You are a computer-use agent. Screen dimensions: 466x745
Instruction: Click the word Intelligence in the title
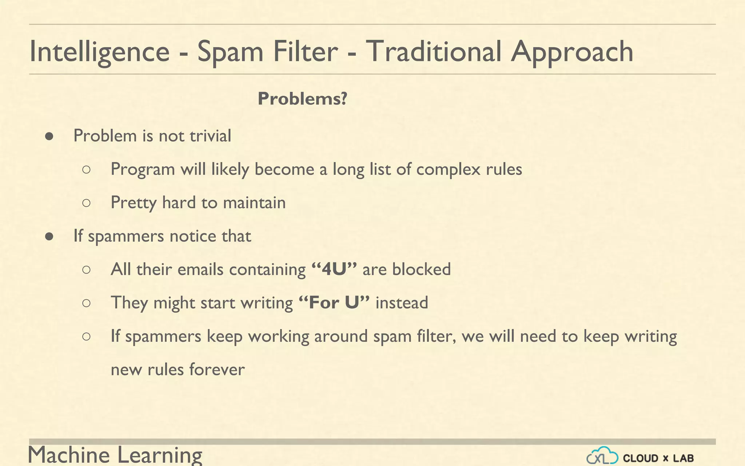[99, 52]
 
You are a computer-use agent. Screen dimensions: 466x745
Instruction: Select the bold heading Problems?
[302, 99]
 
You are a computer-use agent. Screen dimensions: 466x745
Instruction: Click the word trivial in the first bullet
[210, 136]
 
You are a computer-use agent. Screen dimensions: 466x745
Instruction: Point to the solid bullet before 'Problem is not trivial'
[49, 137]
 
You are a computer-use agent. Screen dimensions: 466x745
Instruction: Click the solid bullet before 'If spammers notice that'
[49, 237]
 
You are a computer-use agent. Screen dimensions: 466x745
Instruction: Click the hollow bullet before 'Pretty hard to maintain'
[86, 203]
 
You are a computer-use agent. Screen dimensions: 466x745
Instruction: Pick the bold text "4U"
[334, 269]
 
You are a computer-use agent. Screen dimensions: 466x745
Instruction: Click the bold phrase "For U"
[334, 303]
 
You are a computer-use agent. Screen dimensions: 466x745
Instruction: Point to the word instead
[402, 303]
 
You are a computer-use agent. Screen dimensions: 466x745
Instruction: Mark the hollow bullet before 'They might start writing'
[86, 303]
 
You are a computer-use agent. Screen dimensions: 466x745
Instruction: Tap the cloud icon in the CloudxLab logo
[602, 455]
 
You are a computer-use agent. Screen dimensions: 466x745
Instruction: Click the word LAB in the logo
[683, 458]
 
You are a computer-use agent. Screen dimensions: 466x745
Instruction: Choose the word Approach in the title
[572, 52]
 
